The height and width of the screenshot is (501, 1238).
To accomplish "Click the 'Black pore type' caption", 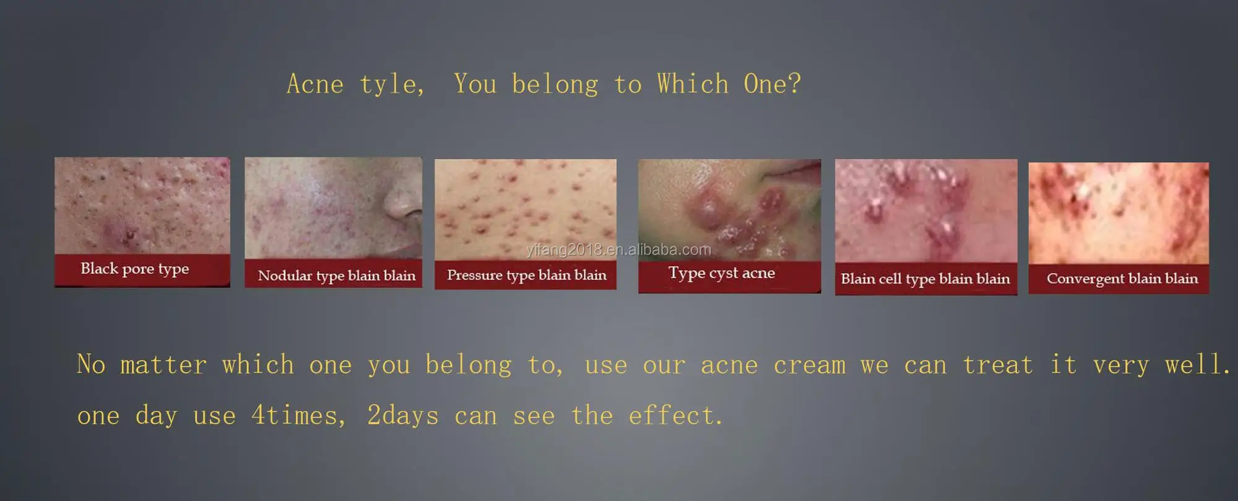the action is pos(134,269).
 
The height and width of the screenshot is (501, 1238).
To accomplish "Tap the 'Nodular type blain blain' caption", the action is pos(337,276).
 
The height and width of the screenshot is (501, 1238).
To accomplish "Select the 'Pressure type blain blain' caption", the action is pos(527,275).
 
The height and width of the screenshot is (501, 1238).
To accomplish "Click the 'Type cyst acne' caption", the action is pos(722,273).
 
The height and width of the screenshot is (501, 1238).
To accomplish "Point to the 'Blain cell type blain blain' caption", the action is pos(925,279).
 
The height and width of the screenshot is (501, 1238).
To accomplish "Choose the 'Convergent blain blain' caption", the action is pos(1122,279).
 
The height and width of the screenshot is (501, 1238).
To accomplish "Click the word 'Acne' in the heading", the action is pos(315,84).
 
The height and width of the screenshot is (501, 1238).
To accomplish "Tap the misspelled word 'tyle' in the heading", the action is pos(389,85).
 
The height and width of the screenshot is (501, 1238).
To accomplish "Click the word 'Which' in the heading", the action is pos(693,84).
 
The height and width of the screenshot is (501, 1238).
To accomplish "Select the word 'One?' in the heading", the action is pos(773,84).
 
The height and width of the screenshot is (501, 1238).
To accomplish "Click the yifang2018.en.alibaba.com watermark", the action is pos(619,250).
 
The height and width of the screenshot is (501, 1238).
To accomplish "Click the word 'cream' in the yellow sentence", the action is pos(810,365).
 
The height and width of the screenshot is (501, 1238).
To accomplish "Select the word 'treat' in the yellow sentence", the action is pos(998,365).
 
